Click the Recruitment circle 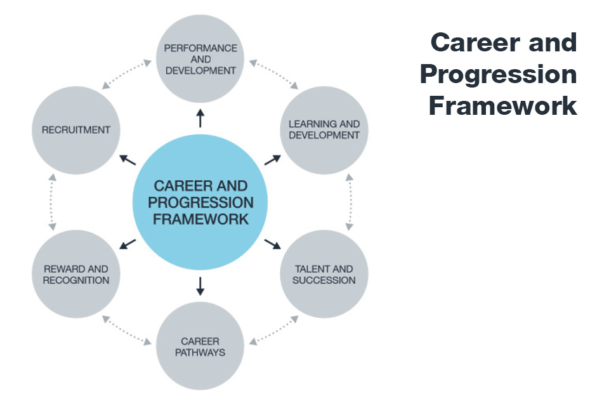tap(76, 130)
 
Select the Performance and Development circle tap(200, 58)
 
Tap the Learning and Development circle tap(324, 130)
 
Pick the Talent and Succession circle tap(324, 274)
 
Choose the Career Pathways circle tap(200, 346)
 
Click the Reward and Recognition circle tap(76, 274)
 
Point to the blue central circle tap(200, 202)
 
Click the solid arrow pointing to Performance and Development tap(200, 118)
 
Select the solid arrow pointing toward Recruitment tap(128, 160)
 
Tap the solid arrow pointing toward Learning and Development tap(273, 160)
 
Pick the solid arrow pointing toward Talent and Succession tap(273, 244)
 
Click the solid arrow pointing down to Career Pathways tap(200, 286)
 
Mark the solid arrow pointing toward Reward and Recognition tap(128, 244)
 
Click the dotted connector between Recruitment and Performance tap(127, 74)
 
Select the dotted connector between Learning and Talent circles tap(350, 202)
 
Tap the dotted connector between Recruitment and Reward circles tap(52, 202)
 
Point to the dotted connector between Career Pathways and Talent tap(274, 331)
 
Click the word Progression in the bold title tap(499, 75)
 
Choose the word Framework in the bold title tap(503, 106)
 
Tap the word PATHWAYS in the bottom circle tap(200, 352)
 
